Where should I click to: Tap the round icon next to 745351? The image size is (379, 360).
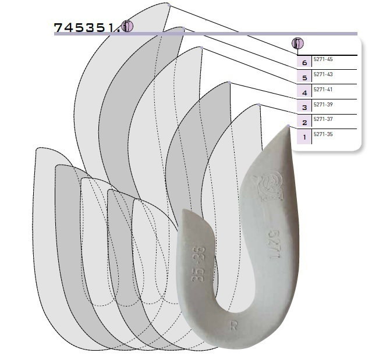(127, 26)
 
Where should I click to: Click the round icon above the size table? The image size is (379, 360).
(298, 44)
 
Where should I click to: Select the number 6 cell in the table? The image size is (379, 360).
(304, 63)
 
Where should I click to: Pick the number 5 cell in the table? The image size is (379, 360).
(304, 77)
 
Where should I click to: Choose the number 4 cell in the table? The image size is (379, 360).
(304, 92)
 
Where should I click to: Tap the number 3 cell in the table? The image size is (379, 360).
(304, 107)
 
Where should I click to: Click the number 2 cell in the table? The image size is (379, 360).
(304, 122)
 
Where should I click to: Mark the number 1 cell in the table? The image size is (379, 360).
(304, 137)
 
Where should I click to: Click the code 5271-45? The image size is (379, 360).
(323, 59)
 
